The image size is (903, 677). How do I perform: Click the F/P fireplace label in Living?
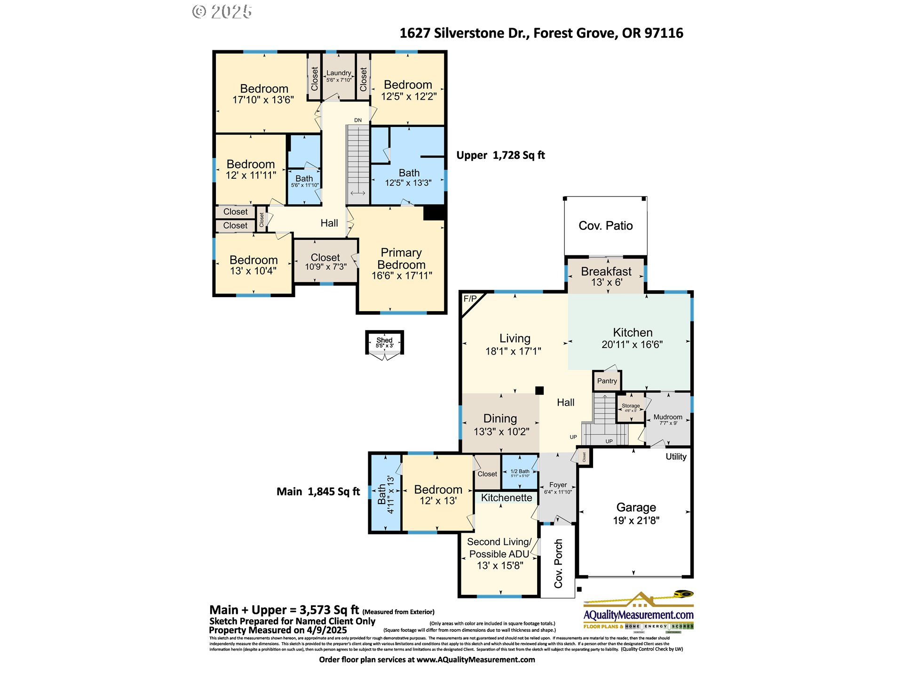[470, 299]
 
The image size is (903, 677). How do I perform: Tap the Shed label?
[384, 340]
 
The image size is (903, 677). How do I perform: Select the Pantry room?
[607, 381]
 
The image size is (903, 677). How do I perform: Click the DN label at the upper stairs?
[358, 120]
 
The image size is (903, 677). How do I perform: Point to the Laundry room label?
[339, 73]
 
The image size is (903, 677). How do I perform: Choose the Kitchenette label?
[507, 498]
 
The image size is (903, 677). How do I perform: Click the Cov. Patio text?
[605, 226]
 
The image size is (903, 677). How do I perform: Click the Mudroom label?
[667, 417]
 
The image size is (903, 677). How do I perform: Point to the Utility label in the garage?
[676, 457]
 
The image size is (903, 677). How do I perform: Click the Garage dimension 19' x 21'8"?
[636, 520]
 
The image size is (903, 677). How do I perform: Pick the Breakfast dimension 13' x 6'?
[606, 283]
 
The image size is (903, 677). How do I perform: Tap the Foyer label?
[558, 485]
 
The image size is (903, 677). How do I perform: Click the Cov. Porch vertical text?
[558, 563]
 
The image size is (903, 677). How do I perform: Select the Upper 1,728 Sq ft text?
[500, 156]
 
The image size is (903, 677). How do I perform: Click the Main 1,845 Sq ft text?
[318, 492]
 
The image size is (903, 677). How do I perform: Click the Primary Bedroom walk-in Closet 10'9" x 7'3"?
[325, 262]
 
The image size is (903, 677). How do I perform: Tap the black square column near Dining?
[539, 390]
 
